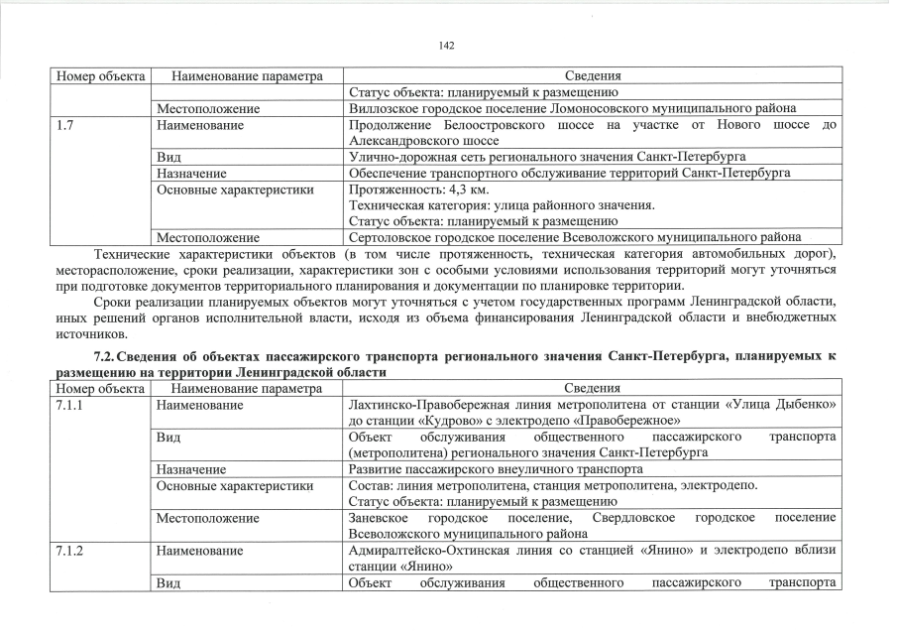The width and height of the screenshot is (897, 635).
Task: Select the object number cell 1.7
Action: coord(65,125)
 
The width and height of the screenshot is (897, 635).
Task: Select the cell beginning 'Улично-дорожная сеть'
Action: coord(547,157)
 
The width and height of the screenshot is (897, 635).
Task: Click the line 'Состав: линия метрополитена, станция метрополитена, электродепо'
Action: coord(553,485)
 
